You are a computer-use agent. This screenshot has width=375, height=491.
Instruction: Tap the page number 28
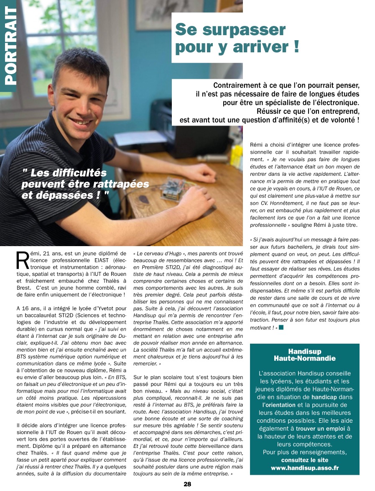(x=187, y=484)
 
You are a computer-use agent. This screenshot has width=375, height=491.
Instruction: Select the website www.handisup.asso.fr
(x=304, y=468)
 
